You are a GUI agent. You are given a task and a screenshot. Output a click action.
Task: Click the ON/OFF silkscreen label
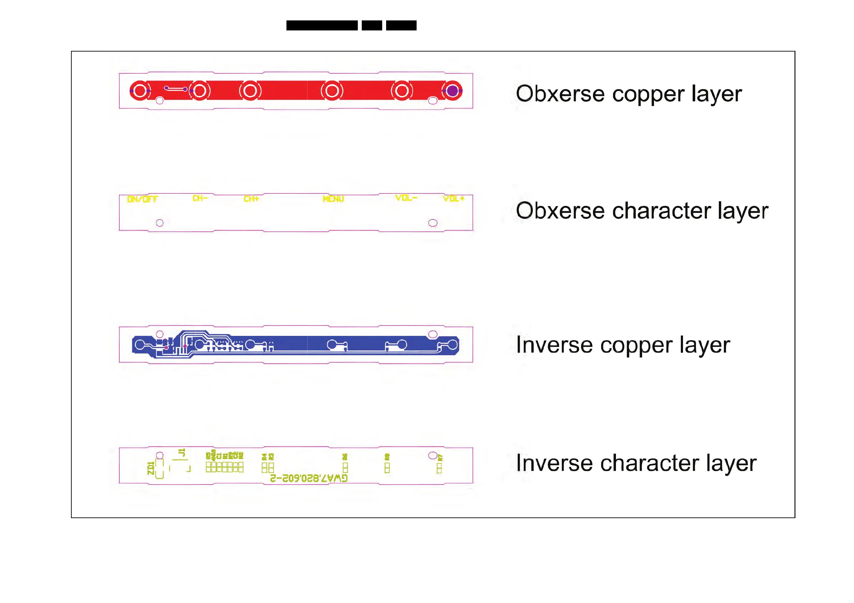click(142, 199)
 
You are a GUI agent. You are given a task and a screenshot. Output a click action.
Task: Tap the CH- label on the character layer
click(200, 198)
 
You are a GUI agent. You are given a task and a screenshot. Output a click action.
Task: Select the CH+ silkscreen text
click(251, 199)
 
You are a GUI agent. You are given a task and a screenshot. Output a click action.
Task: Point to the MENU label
click(333, 199)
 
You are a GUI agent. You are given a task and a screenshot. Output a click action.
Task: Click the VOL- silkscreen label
click(406, 198)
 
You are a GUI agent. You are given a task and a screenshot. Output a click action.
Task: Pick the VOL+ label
click(454, 199)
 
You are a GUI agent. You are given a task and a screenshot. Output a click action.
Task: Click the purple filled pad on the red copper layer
click(452, 91)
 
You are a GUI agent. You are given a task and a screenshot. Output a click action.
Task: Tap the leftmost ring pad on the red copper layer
click(140, 91)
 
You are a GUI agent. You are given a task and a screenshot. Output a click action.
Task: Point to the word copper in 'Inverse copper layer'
click(636, 346)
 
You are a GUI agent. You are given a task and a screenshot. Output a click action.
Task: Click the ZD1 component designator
click(151, 468)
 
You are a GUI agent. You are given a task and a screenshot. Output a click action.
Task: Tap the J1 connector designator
click(182, 453)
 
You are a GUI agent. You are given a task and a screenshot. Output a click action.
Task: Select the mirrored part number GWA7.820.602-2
click(309, 478)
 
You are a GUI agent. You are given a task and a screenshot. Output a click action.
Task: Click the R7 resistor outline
click(439, 468)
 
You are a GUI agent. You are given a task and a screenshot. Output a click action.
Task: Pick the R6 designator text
click(345, 457)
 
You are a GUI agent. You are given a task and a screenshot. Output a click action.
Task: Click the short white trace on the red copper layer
click(176, 89)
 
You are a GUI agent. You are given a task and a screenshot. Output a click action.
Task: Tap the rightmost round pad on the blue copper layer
click(452, 345)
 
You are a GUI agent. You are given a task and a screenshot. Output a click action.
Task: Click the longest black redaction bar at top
click(322, 26)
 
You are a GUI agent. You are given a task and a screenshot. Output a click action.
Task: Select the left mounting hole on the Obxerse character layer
click(160, 223)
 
